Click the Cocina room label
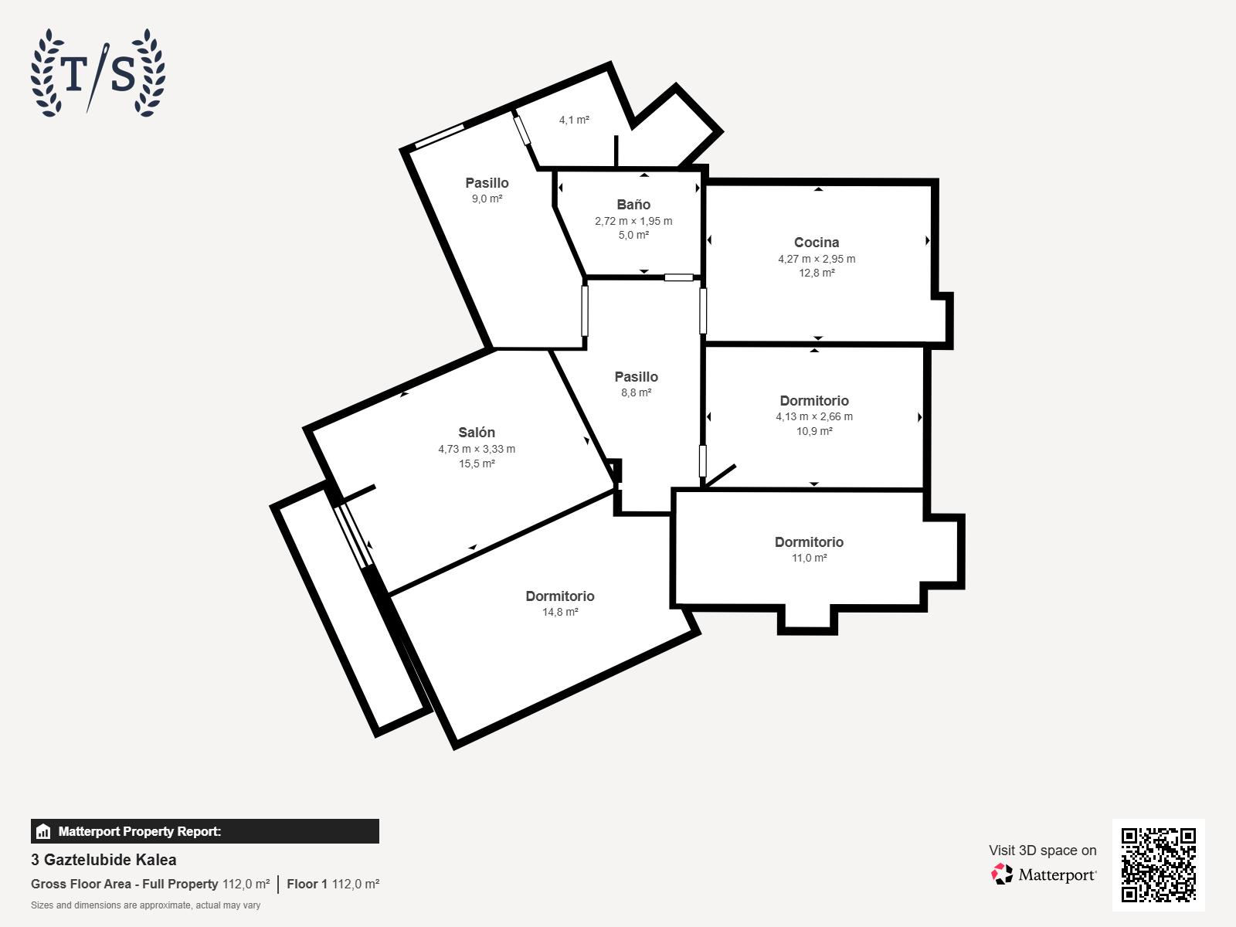(x=817, y=243)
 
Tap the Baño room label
(x=633, y=205)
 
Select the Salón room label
(x=477, y=433)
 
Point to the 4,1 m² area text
(x=574, y=120)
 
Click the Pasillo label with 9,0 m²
(x=487, y=183)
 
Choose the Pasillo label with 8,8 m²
(x=637, y=376)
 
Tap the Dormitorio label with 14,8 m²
(x=560, y=596)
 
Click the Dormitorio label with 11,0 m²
(x=809, y=542)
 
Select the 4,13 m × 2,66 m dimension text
(x=814, y=417)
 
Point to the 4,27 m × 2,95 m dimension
(x=817, y=259)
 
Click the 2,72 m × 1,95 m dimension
(x=633, y=221)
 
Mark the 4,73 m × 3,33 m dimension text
(x=477, y=449)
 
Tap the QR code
(x=1158, y=864)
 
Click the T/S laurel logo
(x=98, y=73)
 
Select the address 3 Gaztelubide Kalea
(x=104, y=860)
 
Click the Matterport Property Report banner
(x=205, y=831)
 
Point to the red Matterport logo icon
(x=1002, y=874)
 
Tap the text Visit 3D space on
(x=1042, y=851)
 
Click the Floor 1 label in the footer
(x=307, y=885)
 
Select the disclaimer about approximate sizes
(x=145, y=905)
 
